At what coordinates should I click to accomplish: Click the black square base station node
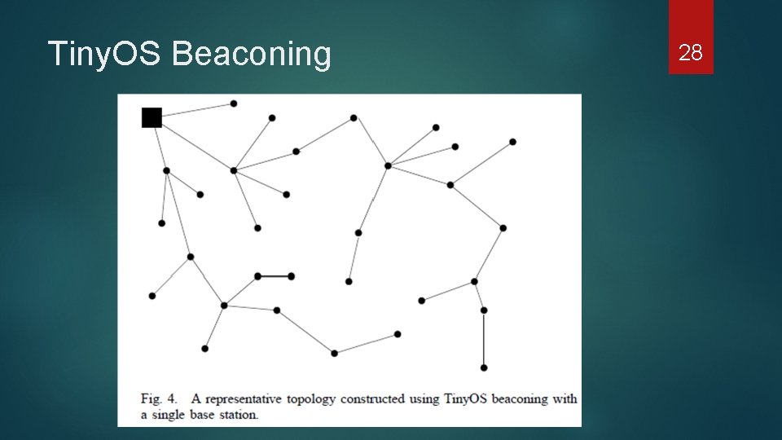pos(152,118)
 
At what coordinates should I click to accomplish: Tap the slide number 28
pos(691,54)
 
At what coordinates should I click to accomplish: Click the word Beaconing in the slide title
pos(252,54)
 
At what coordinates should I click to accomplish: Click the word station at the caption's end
pos(237,415)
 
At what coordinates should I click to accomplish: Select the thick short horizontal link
pos(275,276)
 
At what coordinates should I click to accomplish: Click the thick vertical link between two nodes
pos(484,339)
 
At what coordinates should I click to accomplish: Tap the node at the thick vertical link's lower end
pos(484,367)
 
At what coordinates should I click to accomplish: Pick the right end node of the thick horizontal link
pos(291,276)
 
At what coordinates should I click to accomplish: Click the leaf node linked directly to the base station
pos(234,103)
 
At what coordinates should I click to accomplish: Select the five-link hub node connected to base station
pos(234,170)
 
